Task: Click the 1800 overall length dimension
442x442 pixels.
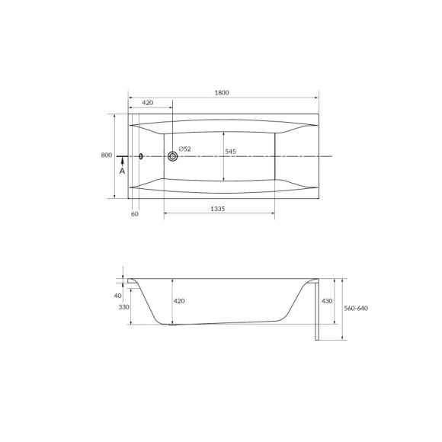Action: point(222,93)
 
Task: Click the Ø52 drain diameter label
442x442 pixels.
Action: point(185,148)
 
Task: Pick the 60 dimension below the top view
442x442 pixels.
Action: point(135,215)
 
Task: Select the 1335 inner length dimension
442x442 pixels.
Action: point(221,209)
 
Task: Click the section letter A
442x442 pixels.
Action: point(122,171)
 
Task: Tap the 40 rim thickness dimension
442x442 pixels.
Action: point(117,295)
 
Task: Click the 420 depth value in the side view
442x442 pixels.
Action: point(179,302)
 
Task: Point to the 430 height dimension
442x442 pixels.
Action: point(328,301)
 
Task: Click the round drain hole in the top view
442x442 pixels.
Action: point(173,156)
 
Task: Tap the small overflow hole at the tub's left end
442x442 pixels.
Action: point(141,156)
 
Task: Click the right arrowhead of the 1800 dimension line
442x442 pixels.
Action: point(315,98)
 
